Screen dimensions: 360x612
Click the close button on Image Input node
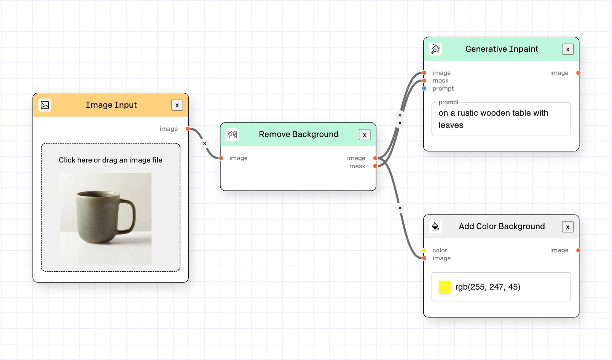pos(177,105)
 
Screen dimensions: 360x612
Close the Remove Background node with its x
pos(365,135)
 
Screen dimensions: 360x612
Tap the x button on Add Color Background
pos(567,227)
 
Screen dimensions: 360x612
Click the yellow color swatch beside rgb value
pos(445,287)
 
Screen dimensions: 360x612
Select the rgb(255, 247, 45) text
pos(488,287)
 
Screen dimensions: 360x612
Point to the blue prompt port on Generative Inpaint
pos(424,89)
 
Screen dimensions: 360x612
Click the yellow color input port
pos(424,250)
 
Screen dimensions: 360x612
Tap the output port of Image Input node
pos(188,129)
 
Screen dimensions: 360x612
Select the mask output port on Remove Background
pos(375,166)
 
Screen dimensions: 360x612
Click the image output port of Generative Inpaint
pos(578,73)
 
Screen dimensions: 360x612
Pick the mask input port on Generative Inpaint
pos(424,81)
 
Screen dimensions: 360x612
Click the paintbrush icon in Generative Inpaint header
pos(435,49)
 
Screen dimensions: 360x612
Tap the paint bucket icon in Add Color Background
pos(435,227)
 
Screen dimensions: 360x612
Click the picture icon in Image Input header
pos(45,105)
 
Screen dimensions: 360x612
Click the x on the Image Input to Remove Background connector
pos(205,143)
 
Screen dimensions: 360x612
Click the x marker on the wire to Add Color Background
pos(400,208)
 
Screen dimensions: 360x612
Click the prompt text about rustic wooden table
pos(493,119)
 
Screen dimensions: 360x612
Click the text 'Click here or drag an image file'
pos(110,160)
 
